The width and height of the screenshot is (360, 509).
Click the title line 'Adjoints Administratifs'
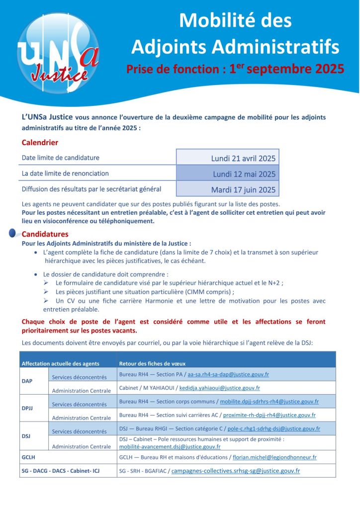(x=235, y=47)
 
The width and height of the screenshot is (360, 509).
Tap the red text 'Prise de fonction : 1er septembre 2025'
(x=235, y=69)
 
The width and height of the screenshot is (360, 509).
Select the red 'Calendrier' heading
(x=40, y=143)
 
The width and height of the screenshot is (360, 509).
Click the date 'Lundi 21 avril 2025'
(x=243, y=159)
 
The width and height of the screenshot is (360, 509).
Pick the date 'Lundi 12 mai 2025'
(x=244, y=174)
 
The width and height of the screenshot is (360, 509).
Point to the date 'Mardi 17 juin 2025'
(x=243, y=189)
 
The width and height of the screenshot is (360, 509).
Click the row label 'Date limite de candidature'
(x=61, y=158)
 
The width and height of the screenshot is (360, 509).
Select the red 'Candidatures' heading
(x=45, y=234)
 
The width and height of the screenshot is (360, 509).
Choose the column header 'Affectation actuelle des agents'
(x=60, y=363)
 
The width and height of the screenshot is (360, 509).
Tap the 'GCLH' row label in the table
(x=28, y=457)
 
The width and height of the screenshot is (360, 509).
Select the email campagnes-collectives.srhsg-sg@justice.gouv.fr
(x=236, y=470)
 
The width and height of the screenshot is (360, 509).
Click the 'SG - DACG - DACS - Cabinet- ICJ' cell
(x=61, y=470)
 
